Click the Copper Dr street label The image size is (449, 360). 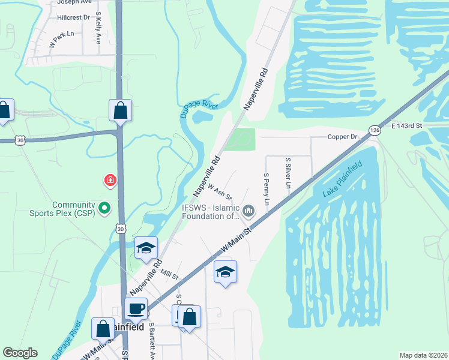coord(343,137)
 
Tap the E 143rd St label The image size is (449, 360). coord(407,126)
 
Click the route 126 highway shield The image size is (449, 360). coord(375,130)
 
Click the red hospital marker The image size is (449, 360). coord(110,180)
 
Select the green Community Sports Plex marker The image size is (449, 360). coord(104,208)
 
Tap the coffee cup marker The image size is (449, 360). coord(136,309)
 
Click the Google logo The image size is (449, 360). coord(20,353)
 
